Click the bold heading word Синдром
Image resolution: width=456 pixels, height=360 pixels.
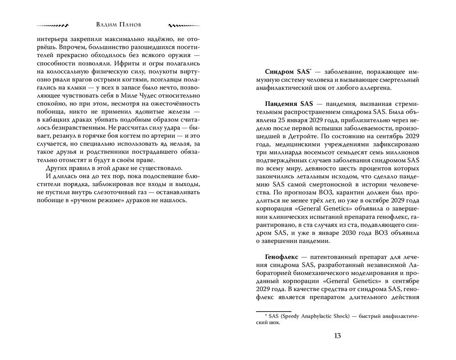280,72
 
